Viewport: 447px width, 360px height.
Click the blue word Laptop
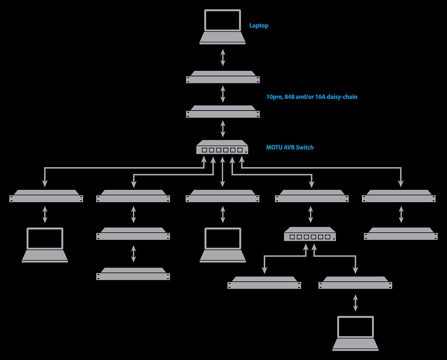pyautogui.click(x=259, y=26)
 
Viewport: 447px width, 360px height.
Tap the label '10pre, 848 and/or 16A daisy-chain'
pyautogui.click(x=312, y=97)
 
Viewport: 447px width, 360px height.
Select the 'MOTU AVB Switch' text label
pyautogui.click(x=290, y=147)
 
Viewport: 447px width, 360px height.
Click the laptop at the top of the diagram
pyautogui.click(x=223, y=27)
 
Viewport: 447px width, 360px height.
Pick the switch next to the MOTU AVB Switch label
pyautogui.click(x=222, y=148)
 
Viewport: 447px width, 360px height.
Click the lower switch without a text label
pyautogui.click(x=310, y=234)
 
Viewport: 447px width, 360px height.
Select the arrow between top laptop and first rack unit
pyautogui.click(x=223, y=57)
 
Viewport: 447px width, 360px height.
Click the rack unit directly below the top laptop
pyautogui.click(x=223, y=78)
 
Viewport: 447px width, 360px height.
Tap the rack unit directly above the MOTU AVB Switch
pyautogui.click(x=223, y=112)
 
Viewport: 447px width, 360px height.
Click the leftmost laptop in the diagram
pyautogui.click(x=45, y=245)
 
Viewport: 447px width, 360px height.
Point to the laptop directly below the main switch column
pyautogui.click(x=223, y=245)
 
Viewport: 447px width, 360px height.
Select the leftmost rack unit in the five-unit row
pyautogui.click(x=46, y=196)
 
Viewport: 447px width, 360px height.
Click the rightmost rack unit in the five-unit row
pyautogui.click(x=398, y=196)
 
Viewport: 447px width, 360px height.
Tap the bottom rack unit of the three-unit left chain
pyautogui.click(x=133, y=274)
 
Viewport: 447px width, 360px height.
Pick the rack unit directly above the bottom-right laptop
pyautogui.click(x=355, y=283)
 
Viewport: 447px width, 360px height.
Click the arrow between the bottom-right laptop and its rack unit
pyautogui.click(x=355, y=303)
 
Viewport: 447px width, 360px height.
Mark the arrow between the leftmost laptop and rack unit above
pyautogui.click(x=45, y=214)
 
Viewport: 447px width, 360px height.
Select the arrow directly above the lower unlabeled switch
pyautogui.click(x=310, y=214)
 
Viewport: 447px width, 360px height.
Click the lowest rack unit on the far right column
pyautogui.click(x=401, y=234)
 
